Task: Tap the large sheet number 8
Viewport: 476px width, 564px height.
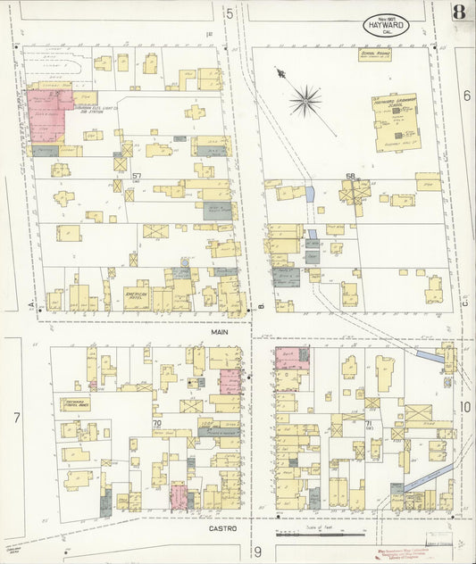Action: click(x=458, y=12)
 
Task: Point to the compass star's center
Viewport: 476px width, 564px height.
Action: click(x=305, y=100)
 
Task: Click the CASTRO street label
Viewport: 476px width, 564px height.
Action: click(x=223, y=528)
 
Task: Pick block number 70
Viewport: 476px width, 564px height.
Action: click(x=156, y=422)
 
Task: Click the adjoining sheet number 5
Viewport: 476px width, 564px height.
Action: click(x=230, y=13)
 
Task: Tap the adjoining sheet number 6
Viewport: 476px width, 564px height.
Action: click(x=466, y=95)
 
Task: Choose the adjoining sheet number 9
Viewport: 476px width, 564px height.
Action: click(x=256, y=554)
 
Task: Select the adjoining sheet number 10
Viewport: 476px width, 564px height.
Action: click(x=465, y=407)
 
